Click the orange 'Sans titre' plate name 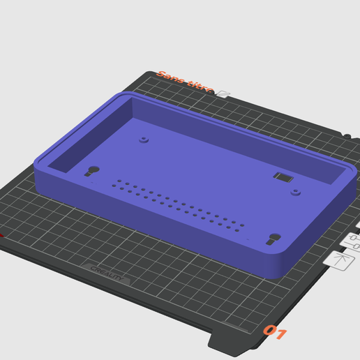185,82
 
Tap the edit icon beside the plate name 223,93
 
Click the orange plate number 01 274,332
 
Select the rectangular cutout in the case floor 283,177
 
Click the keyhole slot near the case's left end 92,171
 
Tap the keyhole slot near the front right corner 273,239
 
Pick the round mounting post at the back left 144,140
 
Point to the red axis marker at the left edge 1,235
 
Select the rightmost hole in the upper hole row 242,225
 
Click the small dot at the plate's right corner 347,135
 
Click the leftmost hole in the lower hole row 114,186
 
